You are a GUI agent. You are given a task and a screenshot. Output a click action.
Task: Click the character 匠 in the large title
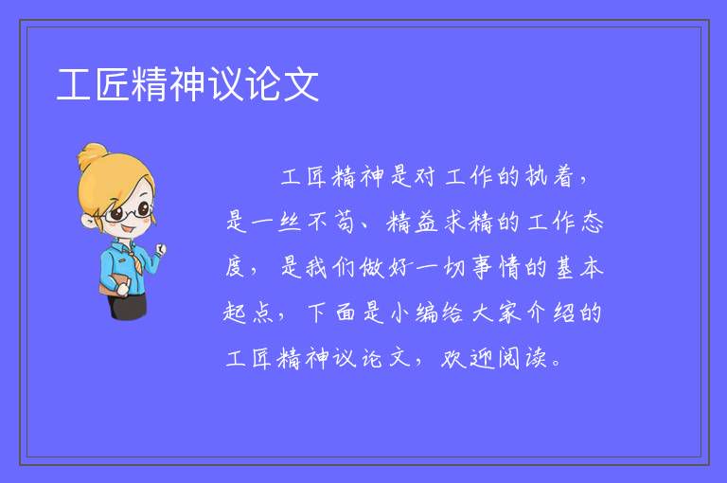point(113,84)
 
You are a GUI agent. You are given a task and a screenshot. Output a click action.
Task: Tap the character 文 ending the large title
point(301,84)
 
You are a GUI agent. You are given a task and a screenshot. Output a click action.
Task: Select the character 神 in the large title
point(187,84)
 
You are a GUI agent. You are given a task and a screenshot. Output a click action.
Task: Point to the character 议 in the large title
point(226,84)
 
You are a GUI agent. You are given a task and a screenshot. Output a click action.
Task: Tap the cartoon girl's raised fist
point(160,249)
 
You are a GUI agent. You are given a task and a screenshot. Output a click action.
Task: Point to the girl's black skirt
point(128,306)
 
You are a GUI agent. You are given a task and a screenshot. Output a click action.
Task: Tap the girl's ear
point(88,221)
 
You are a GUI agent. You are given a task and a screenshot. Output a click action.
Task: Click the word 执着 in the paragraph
point(550,176)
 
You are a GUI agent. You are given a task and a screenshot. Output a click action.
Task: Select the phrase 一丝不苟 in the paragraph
point(291,222)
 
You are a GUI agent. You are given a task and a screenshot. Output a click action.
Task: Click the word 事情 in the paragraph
point(496,268)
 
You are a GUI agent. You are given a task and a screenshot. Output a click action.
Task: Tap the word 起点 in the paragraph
point(247,313)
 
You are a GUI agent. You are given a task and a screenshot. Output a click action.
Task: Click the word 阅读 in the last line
point(523,358)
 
